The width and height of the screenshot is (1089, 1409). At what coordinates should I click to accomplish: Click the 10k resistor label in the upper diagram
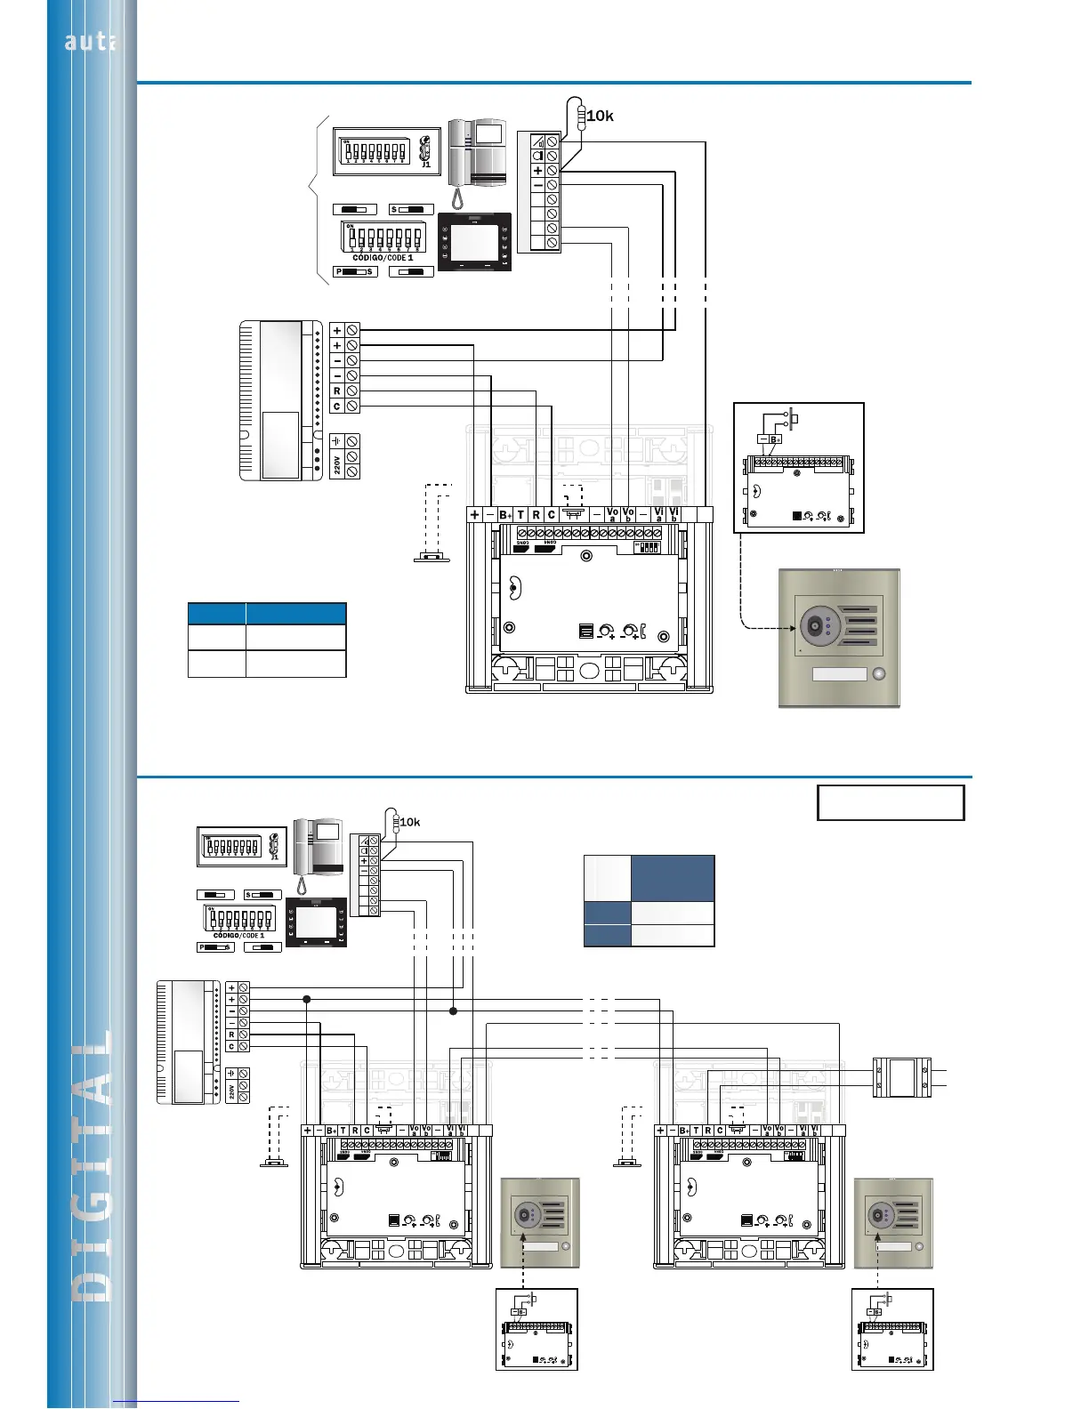(601, 116)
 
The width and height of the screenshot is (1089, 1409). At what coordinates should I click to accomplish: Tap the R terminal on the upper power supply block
(337, 390)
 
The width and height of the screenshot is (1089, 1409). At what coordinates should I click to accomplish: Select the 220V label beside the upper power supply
(337, 463)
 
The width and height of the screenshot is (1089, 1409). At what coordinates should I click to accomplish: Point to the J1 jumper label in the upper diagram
(426, 164)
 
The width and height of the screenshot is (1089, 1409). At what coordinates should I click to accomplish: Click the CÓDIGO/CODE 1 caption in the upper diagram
(383, 258)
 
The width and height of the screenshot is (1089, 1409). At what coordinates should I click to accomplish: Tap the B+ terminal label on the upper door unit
(504, 514)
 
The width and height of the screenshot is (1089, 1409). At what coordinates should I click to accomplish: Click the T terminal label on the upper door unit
(521, 514)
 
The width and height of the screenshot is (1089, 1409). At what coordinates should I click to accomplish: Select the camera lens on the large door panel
(814, 627)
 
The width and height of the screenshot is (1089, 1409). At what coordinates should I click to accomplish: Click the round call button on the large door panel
(879, 674)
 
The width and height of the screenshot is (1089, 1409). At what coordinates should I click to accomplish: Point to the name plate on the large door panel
(839, 674)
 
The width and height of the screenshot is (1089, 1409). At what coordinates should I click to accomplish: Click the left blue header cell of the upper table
(216, 614)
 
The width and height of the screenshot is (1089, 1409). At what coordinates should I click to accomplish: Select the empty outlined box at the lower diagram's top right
(891, 802)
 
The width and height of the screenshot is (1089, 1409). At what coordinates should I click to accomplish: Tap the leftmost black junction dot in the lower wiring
(307, 1000)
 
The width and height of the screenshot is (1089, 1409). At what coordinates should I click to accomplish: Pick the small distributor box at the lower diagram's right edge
(901, 1077)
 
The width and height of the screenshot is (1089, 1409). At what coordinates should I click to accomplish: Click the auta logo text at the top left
(89, 41)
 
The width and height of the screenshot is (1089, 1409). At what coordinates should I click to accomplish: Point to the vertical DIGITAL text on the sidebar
(93, 1165)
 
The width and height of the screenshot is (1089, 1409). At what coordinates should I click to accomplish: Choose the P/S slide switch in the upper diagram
(355, 271)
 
